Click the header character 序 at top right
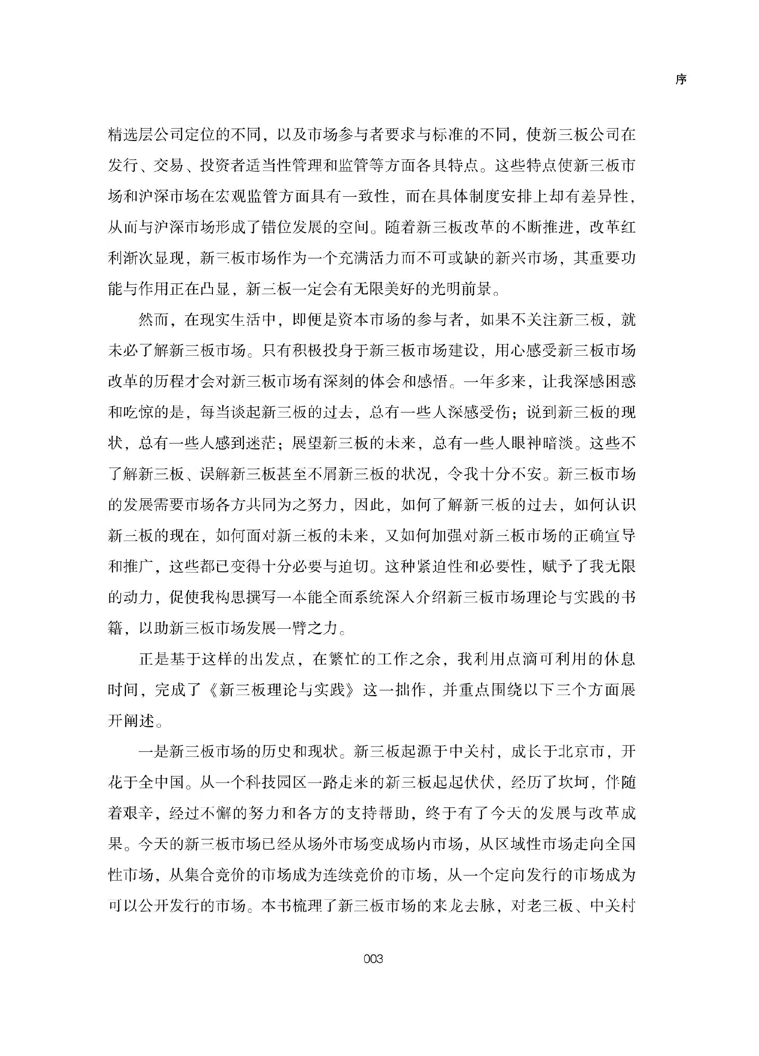[681, 80]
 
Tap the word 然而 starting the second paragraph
[154, 320]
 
